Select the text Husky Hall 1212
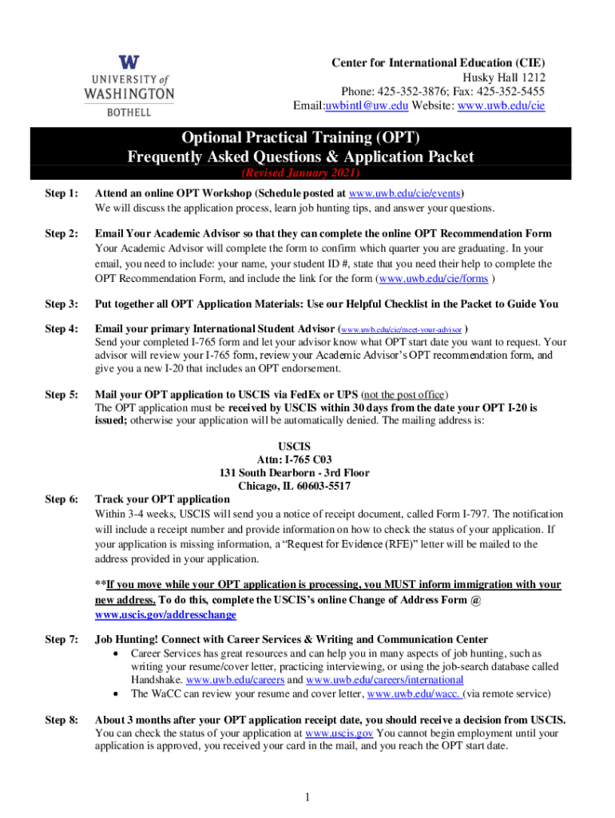[506, 77]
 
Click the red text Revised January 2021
[300, 173]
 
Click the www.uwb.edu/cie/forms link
[434, 279]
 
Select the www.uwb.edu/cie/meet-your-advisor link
[402, 329]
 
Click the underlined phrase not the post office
[405, 395]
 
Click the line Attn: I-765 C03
[294, 459]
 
